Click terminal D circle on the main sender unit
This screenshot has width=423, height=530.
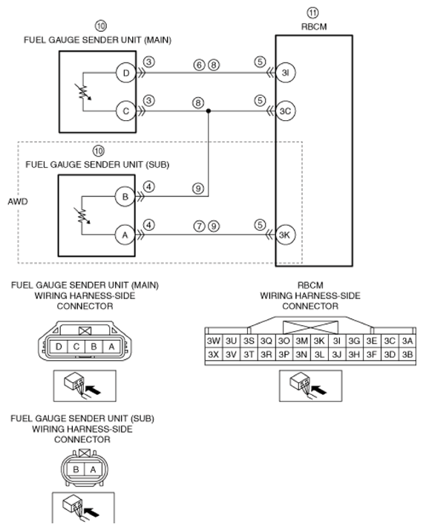click(x=126, y=73)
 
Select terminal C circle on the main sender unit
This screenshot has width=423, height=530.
click(x=126, y=111)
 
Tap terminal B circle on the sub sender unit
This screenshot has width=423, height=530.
click(x=125, y=197)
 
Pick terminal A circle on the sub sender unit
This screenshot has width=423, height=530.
click(x=125, y=235)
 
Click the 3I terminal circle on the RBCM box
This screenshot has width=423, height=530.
click(x=286, y=73)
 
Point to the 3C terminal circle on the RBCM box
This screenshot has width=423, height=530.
click(x=286, y=111)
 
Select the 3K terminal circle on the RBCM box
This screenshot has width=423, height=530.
click(x=286, y=235)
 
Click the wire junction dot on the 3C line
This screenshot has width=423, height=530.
click(x=209, y=111)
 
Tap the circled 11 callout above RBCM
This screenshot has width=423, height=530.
click(x=312, y=13)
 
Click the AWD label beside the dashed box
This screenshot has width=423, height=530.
click(x=18, y=202)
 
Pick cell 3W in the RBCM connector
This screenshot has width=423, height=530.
click(x=214, y=341)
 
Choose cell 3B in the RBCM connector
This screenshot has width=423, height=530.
click(x=407, y=354)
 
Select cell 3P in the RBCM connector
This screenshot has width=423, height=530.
click(x=283, y=354)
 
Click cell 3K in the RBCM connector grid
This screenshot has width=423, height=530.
click(x=319, y=341)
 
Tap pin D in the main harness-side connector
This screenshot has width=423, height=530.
click(x=59, y=347)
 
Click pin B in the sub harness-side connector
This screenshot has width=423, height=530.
click(x=76, y=469)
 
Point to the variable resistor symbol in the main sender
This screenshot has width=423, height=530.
click(x=84, y=92)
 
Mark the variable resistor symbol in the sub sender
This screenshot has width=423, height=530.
click(x=83, y=216)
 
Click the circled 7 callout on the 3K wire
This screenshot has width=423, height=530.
click(x=200, y=226)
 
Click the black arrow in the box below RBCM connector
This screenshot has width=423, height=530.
click(x=319, y=390)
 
